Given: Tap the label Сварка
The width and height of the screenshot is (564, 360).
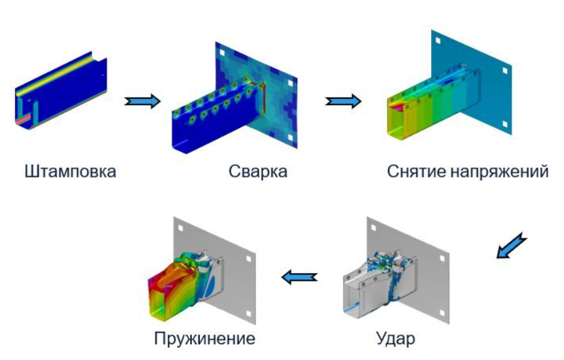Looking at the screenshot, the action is click(x=258, y=171).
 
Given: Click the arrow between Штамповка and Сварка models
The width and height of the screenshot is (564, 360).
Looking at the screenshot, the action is click(x=142, y=101).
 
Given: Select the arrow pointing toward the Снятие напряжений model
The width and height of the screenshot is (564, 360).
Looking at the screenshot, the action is click(x=343, y=101).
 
